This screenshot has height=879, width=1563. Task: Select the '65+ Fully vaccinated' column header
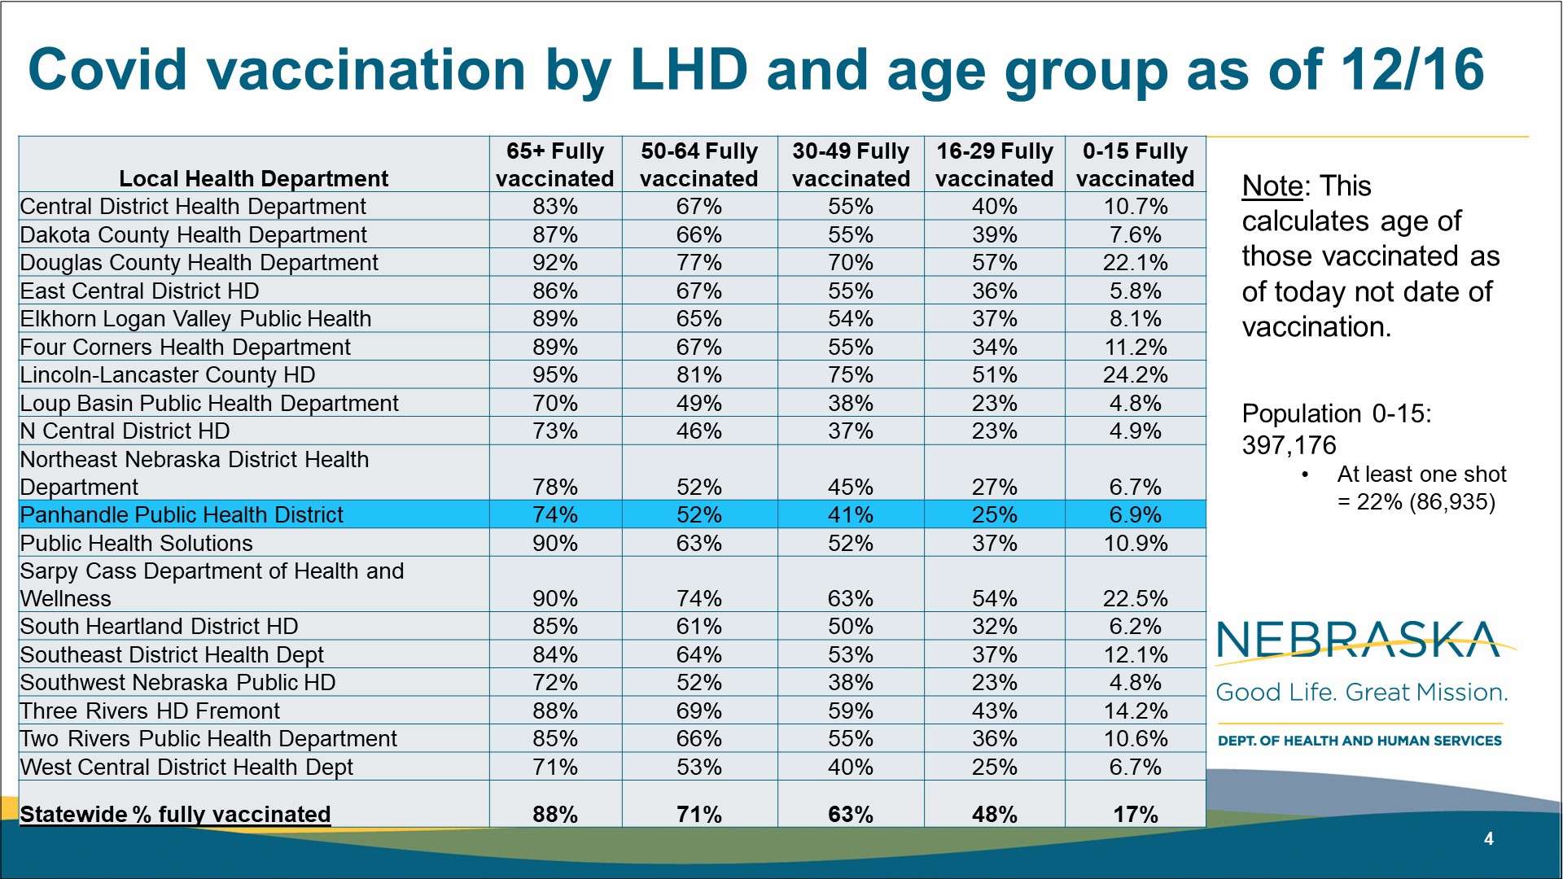554,164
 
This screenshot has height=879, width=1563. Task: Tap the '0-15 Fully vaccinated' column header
1135,164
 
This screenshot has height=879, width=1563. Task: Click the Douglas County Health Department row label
199,263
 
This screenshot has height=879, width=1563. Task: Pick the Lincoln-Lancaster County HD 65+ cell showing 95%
554,375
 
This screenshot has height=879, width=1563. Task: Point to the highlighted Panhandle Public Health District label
182,515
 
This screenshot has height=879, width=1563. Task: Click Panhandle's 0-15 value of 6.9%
1135,515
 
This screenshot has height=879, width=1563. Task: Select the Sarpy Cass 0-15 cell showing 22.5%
1135,599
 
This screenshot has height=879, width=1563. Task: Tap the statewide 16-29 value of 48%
994,815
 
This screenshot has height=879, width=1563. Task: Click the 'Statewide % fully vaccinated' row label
175,815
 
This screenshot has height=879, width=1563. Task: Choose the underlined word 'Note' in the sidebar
1272,186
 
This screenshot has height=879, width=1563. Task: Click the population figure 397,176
1289,446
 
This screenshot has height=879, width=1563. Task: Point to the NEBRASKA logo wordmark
1358,640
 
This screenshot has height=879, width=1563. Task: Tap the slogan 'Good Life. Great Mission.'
1361,693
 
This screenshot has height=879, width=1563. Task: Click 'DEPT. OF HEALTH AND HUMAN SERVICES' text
1359,741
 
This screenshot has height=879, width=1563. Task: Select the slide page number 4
1489,839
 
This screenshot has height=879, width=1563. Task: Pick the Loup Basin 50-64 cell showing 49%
698,404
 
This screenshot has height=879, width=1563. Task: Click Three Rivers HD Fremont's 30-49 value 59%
850,711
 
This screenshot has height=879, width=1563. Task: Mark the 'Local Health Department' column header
253,179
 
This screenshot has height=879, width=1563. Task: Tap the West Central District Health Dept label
186,767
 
